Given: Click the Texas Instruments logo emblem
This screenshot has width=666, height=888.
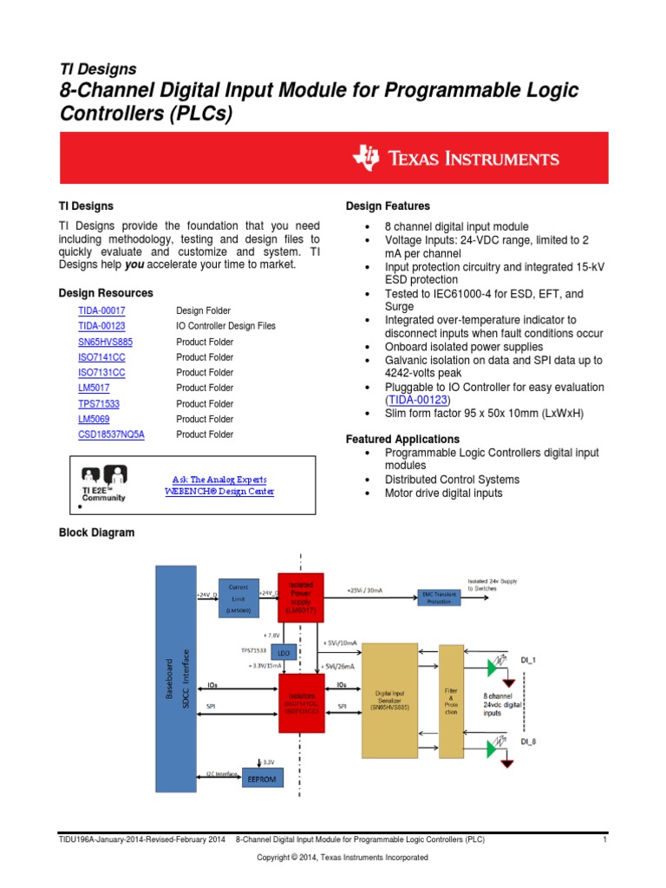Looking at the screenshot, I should point(366,158).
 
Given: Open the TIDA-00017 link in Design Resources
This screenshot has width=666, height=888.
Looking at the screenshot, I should point(101,310).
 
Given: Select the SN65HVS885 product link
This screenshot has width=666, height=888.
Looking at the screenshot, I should point(105,342).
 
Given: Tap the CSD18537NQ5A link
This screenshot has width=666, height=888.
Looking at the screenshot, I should point(111,435).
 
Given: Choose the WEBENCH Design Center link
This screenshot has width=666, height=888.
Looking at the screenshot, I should point(219,492).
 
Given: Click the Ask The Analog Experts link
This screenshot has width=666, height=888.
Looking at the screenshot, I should point(219,480).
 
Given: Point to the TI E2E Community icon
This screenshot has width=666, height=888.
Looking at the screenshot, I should point(104,483).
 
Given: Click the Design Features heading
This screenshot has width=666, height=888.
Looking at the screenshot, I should point(388,206).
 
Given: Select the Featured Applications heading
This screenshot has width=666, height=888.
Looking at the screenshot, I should point(402,440).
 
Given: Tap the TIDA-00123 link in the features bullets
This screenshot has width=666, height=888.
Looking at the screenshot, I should point(419,400).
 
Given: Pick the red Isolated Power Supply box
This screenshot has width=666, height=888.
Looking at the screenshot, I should point(300,597).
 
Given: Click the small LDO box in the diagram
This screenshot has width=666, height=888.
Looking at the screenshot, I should point(281,652).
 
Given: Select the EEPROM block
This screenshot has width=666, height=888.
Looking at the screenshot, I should point(262,780).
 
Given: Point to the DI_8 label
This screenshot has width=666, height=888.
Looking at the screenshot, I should point(528,742).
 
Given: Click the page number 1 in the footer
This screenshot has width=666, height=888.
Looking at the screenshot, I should point(603,840).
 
